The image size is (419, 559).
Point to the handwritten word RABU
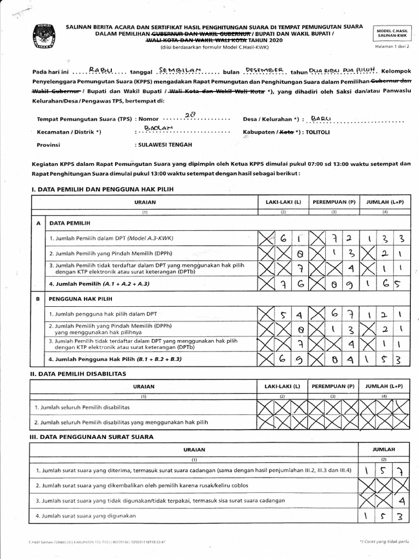tap(102, 70)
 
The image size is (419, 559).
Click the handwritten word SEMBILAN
tap(180, 70)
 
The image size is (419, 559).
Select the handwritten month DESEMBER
tap(265, 70)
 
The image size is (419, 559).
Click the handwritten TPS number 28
tap(190, 115)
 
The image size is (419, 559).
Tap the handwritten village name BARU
tap(321, 117)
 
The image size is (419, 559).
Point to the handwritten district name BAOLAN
tap(158, 128)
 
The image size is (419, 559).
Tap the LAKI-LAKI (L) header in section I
tap(283, 201)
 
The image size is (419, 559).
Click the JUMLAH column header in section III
tap(384, 449)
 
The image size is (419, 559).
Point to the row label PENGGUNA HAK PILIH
tap(80, 299)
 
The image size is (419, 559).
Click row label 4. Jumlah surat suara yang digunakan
tap(86, 515)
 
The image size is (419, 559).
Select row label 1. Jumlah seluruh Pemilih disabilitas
tap(83, 407)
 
